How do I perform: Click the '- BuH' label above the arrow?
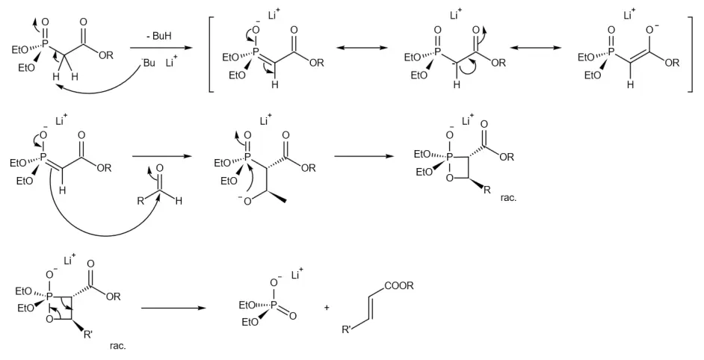[158, 36]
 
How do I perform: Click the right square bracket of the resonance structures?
[690, 54]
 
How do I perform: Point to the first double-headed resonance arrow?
[362, 48]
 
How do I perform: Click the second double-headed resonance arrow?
[536, 48]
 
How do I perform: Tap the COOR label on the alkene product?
[399, 286]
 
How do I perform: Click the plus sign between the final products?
[327, 308]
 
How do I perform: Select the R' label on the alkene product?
[347, 330]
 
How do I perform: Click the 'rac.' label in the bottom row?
[117, 346]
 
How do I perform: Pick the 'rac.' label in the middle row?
[509, 197]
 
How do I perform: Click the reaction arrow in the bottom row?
[173, 308]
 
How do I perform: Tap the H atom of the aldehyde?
[179, 201]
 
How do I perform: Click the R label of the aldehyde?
[141, 201]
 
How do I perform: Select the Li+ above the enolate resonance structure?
[629, 15]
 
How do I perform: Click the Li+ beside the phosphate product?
[297, 274]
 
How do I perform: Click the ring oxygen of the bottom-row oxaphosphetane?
[49, 320]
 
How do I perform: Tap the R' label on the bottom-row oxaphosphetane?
[87, 335]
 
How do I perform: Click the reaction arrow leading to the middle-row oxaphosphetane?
[365, 157]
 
